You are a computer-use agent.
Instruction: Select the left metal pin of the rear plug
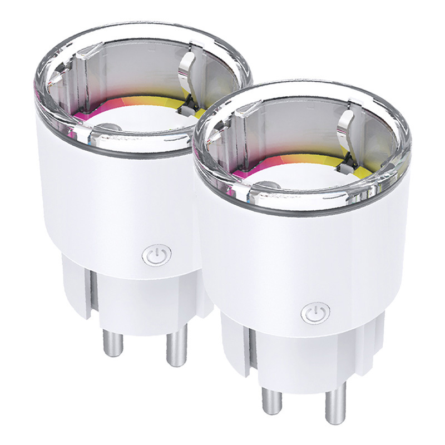coord(114,339)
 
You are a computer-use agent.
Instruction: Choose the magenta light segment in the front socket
coord(245,172)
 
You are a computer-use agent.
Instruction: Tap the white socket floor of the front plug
coord(295,172)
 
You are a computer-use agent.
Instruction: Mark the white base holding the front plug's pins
coord(300,356)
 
